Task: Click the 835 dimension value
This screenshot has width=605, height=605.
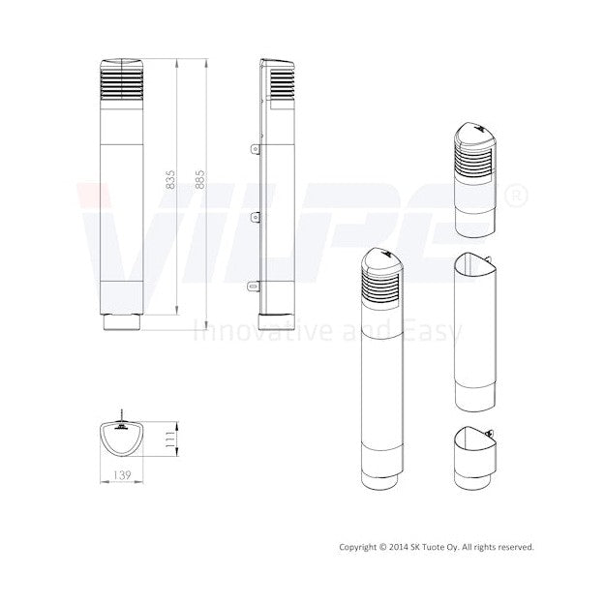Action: click(x=170, y=180)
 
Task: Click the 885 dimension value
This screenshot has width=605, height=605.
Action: click(x=199, y=180)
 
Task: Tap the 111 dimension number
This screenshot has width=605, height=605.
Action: click(x=169, y=439)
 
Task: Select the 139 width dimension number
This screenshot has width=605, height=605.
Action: click(x=122, y=475)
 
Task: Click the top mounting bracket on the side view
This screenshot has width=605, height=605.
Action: click(x=255, y=148)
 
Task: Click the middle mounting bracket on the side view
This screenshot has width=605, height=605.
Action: click(x=255, y=218)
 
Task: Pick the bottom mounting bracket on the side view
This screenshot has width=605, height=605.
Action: click(x=254, y=287)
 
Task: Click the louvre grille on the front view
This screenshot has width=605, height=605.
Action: click(x=122, y=83)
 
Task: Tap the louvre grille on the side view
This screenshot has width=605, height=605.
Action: click(x=282, y=83)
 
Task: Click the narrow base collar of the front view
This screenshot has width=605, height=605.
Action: click(x=122, y=322)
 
